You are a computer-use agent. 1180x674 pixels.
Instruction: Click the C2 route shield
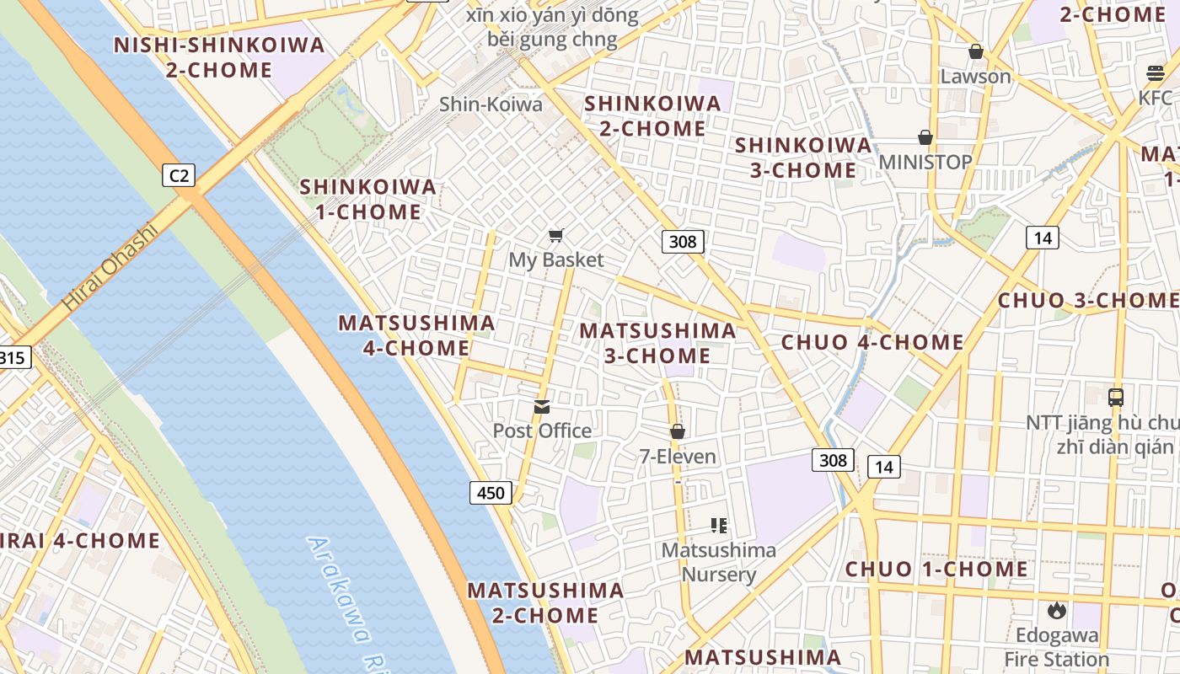(179, 175)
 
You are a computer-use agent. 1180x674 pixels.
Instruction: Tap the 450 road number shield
(491, 493)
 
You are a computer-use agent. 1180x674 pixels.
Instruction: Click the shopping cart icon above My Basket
(555, 235)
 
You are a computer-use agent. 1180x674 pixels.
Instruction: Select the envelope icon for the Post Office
(542, 407)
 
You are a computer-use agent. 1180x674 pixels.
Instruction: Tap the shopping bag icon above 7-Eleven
(678, 431)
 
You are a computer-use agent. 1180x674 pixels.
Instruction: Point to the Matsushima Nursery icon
(719, 526)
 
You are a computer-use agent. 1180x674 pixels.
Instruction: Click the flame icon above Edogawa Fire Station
(1056, 610)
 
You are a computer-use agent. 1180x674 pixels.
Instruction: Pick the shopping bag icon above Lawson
(976, 51)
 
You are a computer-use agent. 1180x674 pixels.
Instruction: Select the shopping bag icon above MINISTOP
(925, 136)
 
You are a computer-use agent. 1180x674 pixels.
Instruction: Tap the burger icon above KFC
(1155, 73)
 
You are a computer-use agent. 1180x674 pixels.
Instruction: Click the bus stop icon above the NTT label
(1116, 397)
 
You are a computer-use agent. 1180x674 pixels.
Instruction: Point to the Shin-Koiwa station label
(491, 104)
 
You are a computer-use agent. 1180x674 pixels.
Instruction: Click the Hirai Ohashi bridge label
(110, 266)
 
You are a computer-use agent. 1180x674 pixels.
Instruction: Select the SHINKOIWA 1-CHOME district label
(368, 200)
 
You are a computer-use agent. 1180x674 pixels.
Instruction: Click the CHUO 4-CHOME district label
(872, 342)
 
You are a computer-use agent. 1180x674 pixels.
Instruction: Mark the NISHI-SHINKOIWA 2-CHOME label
(219, 57)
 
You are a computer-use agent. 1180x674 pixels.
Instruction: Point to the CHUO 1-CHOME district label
(936, 570)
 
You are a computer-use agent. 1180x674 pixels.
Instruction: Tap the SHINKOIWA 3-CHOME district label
(803, 158)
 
